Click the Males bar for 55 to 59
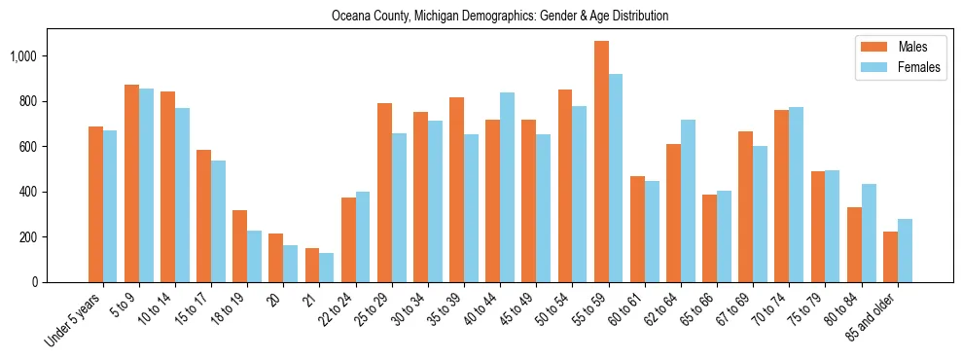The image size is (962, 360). [601, 162]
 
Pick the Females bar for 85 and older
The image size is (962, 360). [905, 251]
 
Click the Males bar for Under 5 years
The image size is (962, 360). [95, 204]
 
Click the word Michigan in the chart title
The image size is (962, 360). [435, 17]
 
